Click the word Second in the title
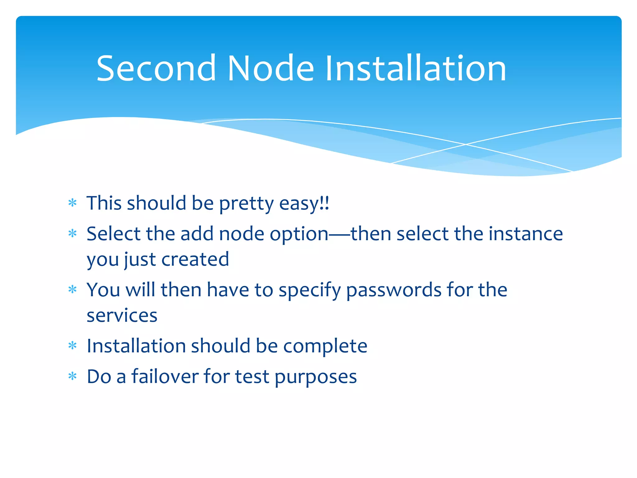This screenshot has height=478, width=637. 156,68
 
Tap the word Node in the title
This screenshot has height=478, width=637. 271,68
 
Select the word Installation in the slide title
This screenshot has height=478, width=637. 416,68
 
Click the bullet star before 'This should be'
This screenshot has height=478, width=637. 72,203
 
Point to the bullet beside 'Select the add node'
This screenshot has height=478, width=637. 72,233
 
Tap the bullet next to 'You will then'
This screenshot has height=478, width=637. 72,290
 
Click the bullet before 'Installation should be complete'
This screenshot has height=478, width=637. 72,346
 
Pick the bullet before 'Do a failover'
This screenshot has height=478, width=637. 72,377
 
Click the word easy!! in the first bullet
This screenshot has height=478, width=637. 304,204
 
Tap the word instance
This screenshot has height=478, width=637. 526,234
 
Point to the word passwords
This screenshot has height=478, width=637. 394,290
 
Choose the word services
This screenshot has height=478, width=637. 122,316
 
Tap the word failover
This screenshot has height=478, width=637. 165,377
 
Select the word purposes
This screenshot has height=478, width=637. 315,377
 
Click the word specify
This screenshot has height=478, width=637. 310,290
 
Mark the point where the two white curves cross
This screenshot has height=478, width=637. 466,144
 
